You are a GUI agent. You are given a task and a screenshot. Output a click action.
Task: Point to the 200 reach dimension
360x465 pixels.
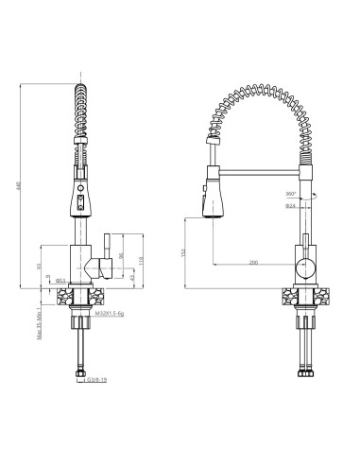coord(254,262)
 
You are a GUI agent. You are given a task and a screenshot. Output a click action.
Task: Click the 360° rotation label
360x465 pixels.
coord(289,195)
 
